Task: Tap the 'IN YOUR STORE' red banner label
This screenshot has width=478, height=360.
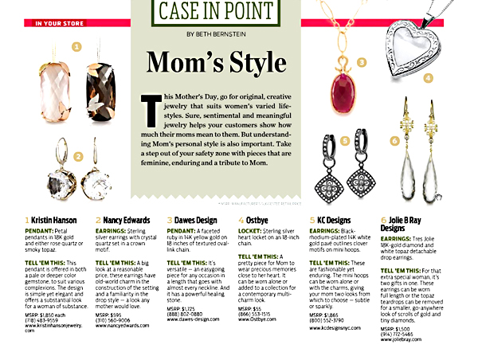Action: [x=61, y=24]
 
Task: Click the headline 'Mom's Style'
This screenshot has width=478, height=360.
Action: [x=216, y=62]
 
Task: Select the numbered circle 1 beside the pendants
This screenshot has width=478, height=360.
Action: [x=76, y=47]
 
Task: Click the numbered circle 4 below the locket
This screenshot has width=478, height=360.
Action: [x=429, y=77]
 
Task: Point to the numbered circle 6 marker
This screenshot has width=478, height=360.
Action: [x=395, y=141]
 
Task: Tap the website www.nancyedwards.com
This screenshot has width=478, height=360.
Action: [x=123, y=326]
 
